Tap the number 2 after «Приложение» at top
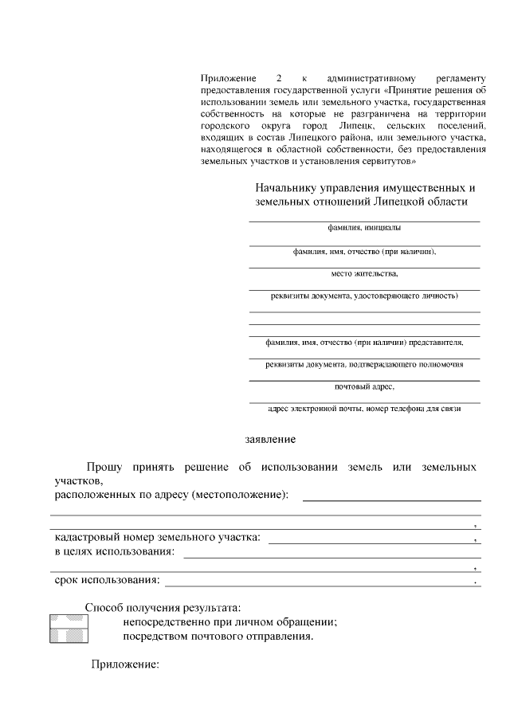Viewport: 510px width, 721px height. click(x=278, y=79)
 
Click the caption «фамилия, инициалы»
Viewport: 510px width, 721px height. click(x=364, y=227)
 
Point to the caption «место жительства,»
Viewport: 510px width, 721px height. click(x=364, y=273)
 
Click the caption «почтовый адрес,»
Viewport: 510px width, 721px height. click(x=364, y=386)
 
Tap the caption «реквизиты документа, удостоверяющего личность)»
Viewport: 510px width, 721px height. click(x=364, y=296)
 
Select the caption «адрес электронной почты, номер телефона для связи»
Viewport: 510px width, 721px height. click(x=364, y=409)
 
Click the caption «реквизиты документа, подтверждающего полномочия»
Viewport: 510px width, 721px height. click(x=364, y=363)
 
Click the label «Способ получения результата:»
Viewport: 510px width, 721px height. click(x=163, y=607)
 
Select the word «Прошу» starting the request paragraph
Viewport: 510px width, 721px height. click(x=104, y=465)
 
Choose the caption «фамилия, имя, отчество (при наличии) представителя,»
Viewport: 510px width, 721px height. click(x=364, y=342)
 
